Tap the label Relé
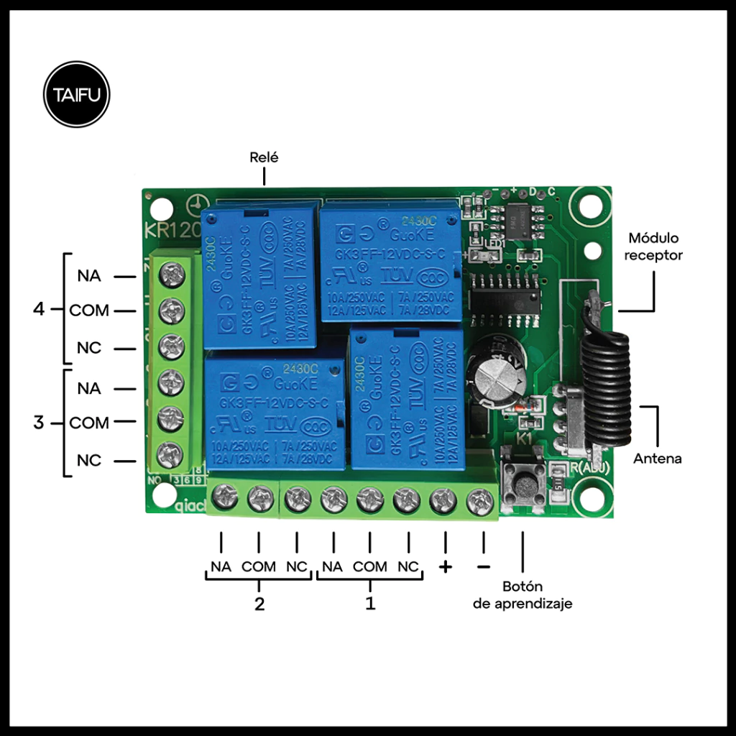click(263, 157)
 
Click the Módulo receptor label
click(653, 246)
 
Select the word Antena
click(657, 458)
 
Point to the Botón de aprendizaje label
click(523, 594)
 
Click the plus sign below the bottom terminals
click(446, 566)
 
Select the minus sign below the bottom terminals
click(483, 566)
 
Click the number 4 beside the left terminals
click(40, 310)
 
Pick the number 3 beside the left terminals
click(39, 423)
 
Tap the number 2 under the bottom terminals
click(259, 604)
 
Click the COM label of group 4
click(89, 310)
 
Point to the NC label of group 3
click(89, 460)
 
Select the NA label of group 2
click(221, 566)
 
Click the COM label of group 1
click(370, 566)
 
